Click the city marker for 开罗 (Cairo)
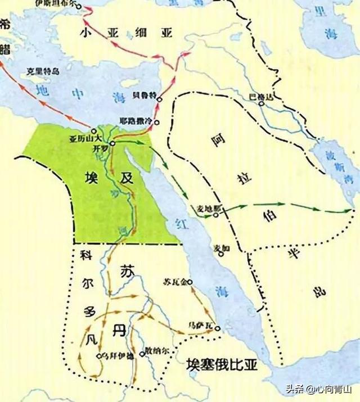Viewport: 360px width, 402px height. [x=112, y=143]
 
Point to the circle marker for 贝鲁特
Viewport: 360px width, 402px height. [x=160, y=100]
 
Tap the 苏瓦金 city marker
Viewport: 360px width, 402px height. [x=190, y=282]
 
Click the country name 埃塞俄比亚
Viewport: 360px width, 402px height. [x=222, y=365]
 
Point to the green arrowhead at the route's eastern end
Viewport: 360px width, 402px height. [x=349, y=211]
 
